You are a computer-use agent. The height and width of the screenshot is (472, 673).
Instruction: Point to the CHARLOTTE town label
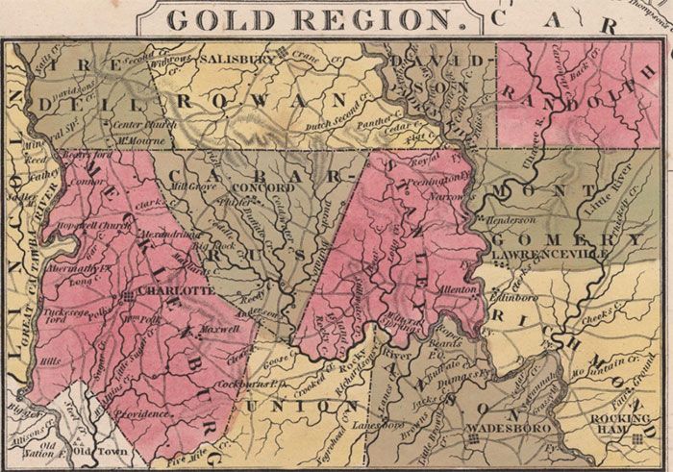(x=172, y=288)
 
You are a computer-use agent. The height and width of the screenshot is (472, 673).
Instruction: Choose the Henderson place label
(x=511, y=219)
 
